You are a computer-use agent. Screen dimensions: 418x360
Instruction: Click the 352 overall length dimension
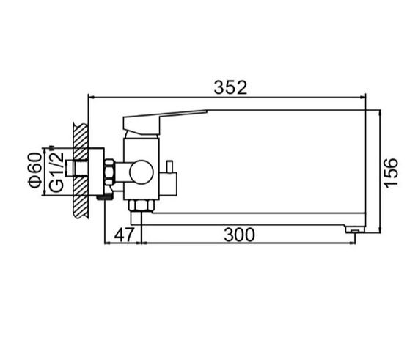(230, 87)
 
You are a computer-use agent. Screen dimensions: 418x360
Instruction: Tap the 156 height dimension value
(391, 173)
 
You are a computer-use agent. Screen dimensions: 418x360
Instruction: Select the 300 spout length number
(239, 235)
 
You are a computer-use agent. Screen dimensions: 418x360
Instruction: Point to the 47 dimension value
(124, 235)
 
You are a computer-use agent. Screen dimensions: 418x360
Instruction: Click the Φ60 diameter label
(35, 170)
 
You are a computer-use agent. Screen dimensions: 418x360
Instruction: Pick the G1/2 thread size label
(56, 172)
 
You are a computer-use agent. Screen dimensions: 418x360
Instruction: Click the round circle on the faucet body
(142, 172)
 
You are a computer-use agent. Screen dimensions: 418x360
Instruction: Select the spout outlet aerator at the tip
(355, 229)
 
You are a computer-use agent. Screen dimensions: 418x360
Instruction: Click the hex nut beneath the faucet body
(142, 205)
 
